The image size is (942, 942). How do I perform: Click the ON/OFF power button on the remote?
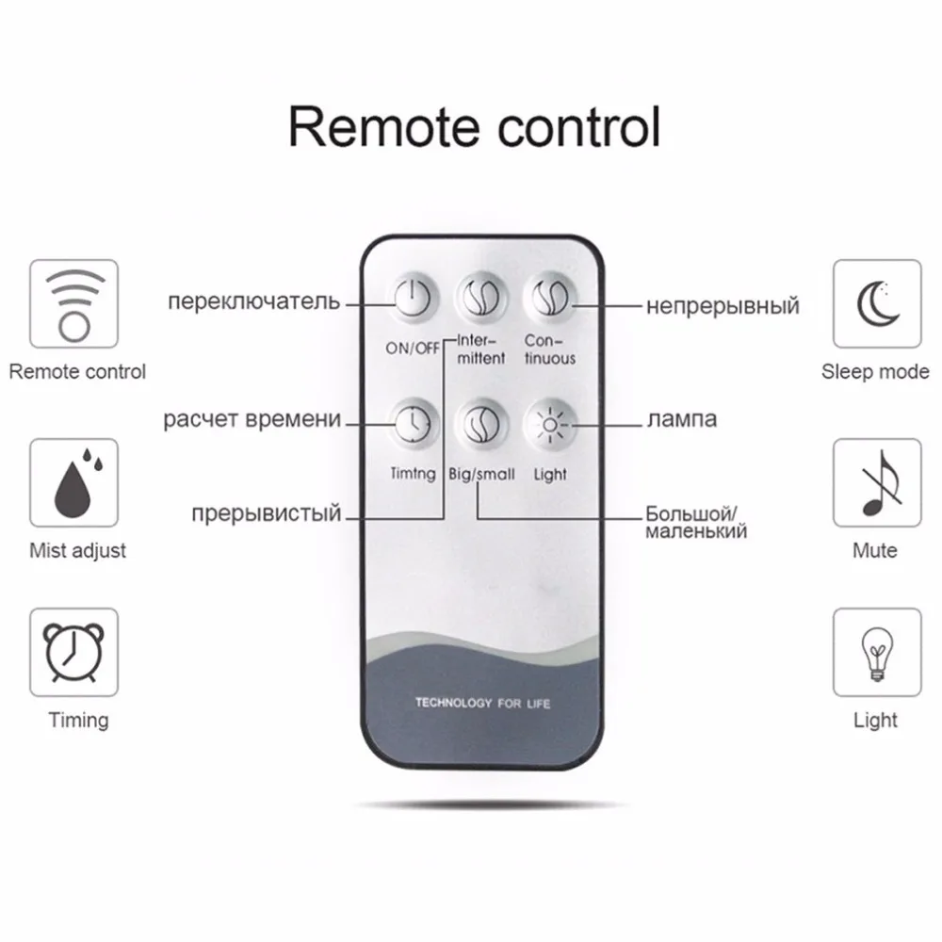412,300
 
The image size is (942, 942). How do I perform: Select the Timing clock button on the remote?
412,423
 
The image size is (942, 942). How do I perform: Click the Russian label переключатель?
253,302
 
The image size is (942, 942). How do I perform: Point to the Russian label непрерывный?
723,305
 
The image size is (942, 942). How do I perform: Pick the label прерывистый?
266,514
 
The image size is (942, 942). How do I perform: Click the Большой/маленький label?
696,523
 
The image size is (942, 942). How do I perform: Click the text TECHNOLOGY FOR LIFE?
482,704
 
